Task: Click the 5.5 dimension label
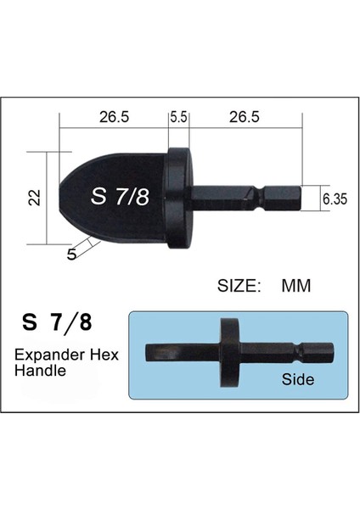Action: (178, 119)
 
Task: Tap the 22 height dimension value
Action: (33, 198)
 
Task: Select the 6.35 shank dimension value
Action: (333, 199)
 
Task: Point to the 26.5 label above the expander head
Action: (113, 119)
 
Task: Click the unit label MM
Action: (296, 286)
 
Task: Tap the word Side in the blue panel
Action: (298, 379)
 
